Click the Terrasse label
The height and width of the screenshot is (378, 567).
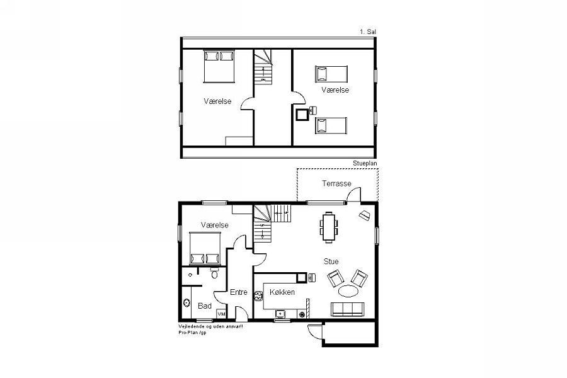(x=336, y=183)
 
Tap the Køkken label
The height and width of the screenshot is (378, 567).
(x=282, y=292)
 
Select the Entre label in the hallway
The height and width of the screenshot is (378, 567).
(x=239, y=292)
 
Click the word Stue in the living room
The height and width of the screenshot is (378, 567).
(x=331, y=261)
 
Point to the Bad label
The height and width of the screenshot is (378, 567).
(x=205, y=306)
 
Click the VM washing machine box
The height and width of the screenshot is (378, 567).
(x=221, y=314)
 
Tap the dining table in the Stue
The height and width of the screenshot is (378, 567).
(x=329, y=227)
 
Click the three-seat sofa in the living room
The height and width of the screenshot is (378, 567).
(x=348, y=309)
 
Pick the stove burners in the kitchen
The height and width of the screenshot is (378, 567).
(x=258, y=296)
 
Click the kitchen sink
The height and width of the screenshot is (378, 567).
(x=280, y=313)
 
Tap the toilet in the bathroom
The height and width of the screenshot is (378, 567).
(x=214, y=273)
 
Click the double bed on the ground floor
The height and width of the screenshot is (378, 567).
(x=205, y=248)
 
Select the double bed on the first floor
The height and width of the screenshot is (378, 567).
(x=219, y=67)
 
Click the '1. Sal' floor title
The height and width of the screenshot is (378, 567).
(x=368, y=32)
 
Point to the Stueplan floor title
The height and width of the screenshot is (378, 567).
(x=365, y=164)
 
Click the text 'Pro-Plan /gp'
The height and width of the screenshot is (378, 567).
(x=192, y=333)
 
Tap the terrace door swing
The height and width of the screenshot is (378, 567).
(x=354, y=195)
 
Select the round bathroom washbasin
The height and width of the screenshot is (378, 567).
(x=186, y=303)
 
